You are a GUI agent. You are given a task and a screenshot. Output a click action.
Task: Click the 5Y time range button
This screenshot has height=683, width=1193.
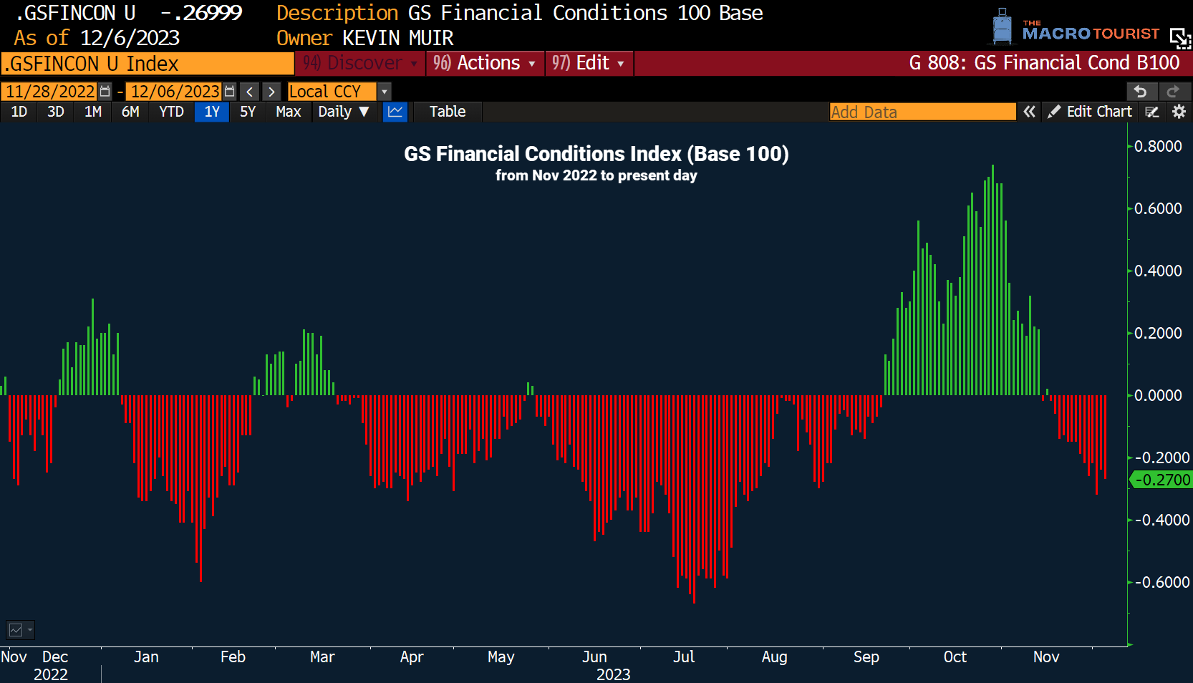click(248, 112)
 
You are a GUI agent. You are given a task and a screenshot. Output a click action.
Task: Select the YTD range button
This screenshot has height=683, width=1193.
click(171, 112)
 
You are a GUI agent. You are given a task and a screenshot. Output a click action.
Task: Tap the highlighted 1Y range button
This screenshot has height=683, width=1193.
click(212, 112)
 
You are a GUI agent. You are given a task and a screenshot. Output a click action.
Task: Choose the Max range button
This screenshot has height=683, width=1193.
click(288, 112)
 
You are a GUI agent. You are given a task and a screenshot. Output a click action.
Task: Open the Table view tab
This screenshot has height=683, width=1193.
click(447, 112)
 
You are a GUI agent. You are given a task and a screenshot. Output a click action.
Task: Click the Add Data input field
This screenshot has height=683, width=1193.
click(922, 112)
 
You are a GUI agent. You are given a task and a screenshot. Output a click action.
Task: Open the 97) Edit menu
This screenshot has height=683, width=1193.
click(588, 63)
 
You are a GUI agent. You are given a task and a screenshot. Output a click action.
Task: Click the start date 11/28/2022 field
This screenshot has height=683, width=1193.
click(50, 92)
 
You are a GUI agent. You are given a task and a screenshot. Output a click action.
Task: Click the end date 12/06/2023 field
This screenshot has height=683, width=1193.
click(175, 92)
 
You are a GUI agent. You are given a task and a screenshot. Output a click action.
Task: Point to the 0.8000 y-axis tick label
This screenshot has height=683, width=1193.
click(1157, 146)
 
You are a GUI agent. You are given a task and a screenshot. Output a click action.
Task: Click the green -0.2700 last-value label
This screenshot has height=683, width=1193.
click(1161, 480)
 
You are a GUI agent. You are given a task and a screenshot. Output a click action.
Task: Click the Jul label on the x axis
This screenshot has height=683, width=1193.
click(684, 657)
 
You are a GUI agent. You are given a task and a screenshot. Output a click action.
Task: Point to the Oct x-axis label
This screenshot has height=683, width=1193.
click(955, 657)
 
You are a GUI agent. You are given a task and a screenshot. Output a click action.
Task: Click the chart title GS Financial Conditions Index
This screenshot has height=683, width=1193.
click(596, 154)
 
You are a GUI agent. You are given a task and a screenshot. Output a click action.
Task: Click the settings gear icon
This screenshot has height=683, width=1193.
click(1179, 112)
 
